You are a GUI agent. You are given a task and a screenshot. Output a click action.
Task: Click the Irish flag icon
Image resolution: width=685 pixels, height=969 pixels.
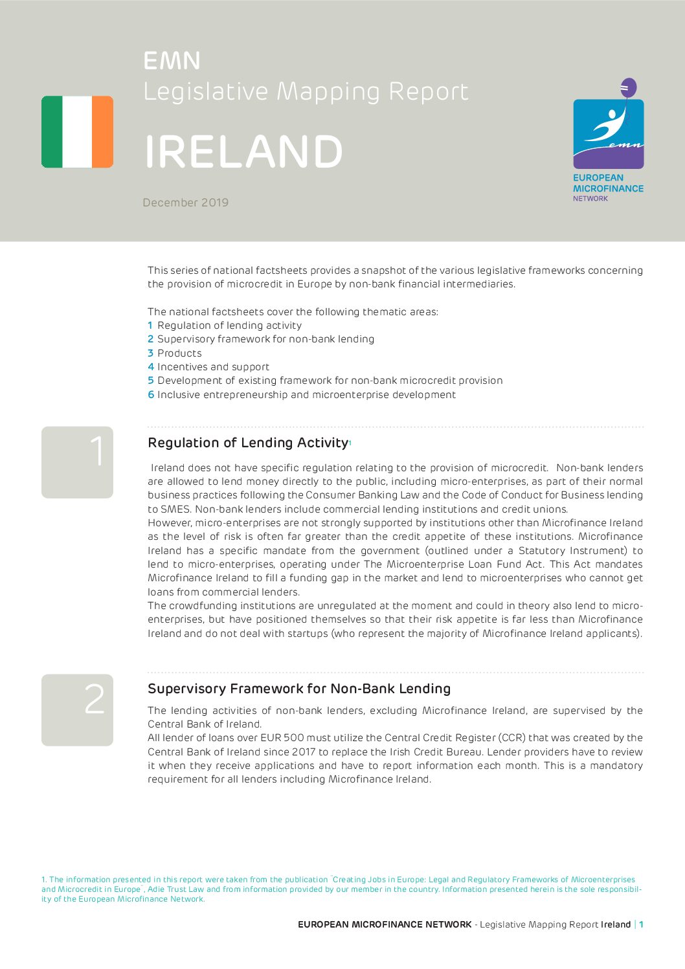[x=77, y=132]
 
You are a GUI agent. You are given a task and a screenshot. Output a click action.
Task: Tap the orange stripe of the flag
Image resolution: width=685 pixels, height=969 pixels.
[x=102, y=132]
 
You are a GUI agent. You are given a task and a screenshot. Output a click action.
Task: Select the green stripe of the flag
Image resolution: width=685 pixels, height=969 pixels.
[x=52, y=132]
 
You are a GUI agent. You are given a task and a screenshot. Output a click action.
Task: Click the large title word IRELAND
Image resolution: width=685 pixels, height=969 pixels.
[x=243, y=153]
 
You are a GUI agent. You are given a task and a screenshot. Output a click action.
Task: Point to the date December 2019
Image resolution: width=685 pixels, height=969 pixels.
[x=185, y=203]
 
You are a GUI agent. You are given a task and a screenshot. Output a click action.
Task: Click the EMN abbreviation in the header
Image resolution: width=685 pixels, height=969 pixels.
[x=172, y=61]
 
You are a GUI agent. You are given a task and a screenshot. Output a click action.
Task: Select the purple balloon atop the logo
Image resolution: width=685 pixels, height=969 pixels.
[x=628, y=87]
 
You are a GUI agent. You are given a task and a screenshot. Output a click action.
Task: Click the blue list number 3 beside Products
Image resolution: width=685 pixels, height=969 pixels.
[x=150, y=353]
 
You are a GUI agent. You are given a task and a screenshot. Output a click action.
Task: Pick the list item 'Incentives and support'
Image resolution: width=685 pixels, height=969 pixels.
[x=213, y=367]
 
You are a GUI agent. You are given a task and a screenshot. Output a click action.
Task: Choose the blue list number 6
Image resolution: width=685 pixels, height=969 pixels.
[x=151, y=395]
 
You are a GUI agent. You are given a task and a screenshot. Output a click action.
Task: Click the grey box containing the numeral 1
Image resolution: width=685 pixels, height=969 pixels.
[x=77, y=462]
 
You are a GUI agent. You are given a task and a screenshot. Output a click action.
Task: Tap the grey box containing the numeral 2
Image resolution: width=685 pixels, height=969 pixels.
[x=77, y=709]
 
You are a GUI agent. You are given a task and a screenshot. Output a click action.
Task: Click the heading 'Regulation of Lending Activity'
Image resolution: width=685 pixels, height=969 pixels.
[x=248, y=443]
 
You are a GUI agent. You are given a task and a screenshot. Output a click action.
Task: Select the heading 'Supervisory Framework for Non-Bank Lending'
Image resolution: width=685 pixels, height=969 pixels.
[x=298, y=689]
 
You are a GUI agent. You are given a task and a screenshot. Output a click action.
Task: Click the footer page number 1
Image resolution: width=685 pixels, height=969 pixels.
[x=641, y=924]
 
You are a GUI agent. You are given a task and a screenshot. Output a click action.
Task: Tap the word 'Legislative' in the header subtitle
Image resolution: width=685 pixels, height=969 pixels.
[x=205, y=91]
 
